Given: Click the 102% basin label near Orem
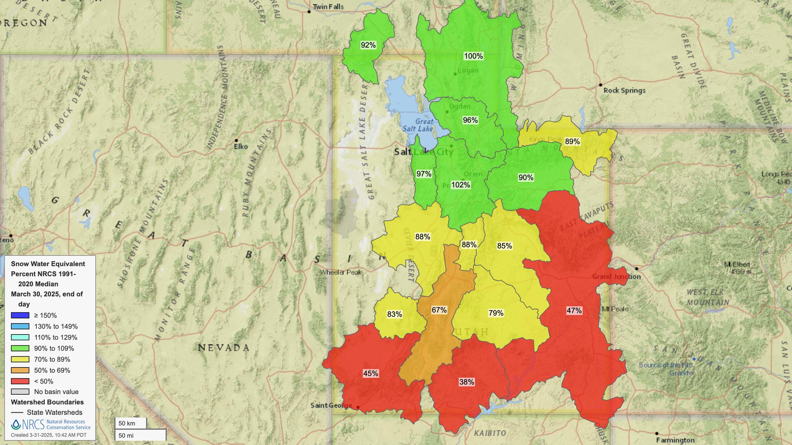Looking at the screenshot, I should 461,185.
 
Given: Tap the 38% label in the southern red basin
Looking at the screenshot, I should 467,382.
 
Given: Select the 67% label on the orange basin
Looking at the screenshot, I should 439,310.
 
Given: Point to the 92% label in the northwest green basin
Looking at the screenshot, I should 368,45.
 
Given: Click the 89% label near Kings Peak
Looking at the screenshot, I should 572,141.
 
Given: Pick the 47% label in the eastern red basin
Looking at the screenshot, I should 574,310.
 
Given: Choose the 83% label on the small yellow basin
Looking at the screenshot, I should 394,314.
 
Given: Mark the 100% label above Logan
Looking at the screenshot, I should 473,56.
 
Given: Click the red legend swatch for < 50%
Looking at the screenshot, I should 20,381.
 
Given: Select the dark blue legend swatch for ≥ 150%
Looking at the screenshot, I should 20,315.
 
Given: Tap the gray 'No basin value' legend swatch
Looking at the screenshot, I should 20,392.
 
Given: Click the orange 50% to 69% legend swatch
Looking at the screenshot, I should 20,370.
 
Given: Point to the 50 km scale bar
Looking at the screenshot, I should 131,423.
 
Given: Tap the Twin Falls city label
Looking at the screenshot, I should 328,7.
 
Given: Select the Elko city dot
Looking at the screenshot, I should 236,140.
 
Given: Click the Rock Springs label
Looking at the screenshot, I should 624,91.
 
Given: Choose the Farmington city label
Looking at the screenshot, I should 675,440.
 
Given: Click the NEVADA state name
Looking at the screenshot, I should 224,348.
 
